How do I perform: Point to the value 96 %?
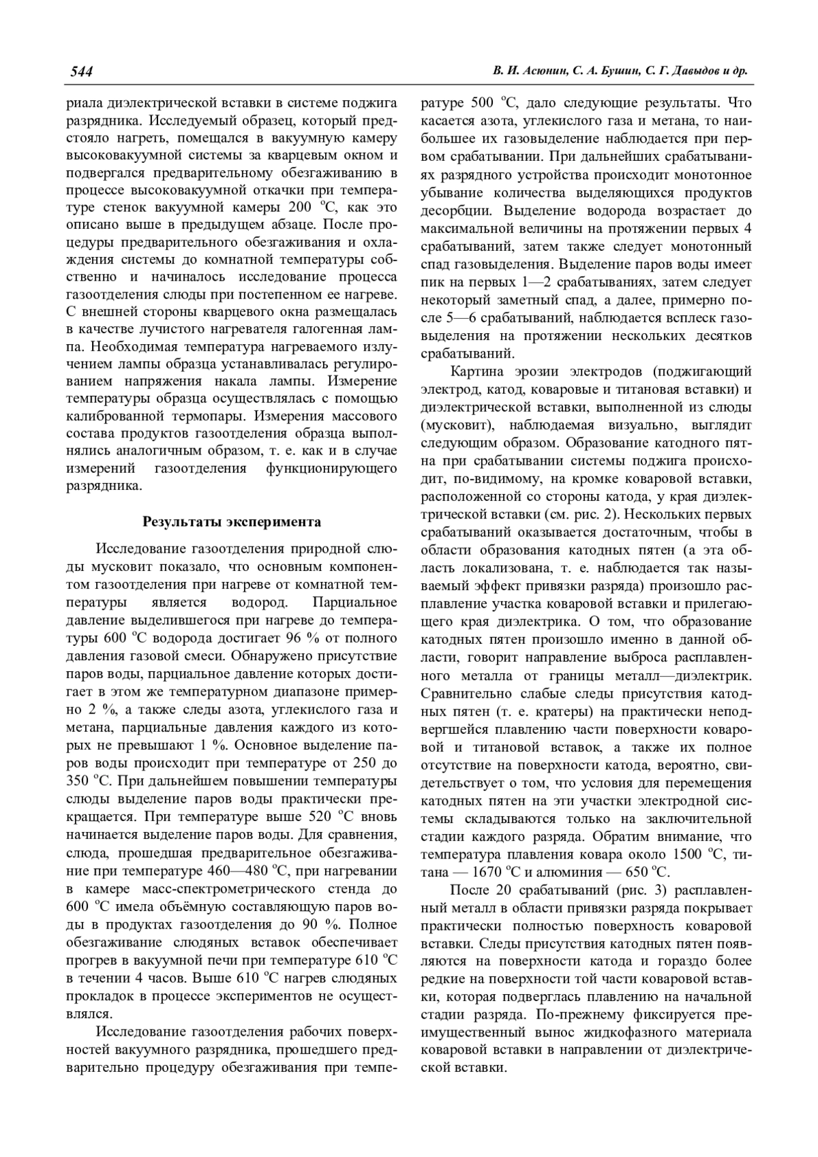point(301,638)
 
